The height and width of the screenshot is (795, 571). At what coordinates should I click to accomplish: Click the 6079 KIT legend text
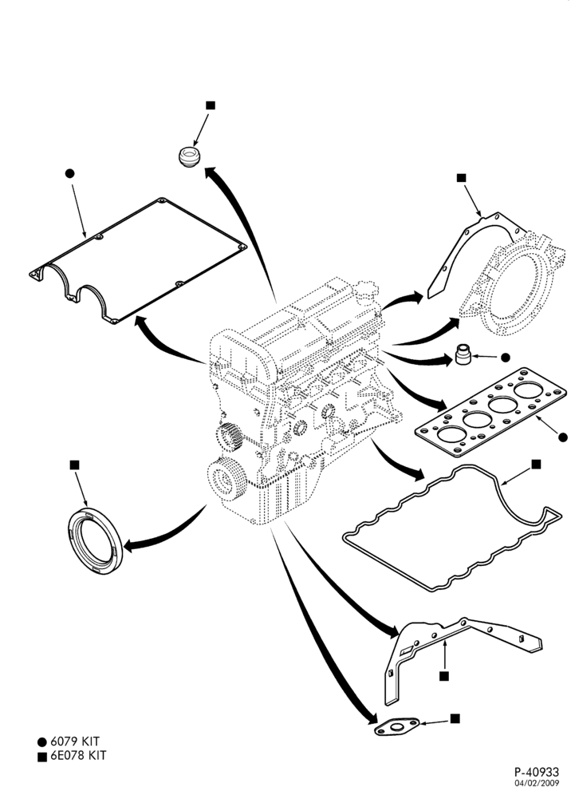tap(74, 742)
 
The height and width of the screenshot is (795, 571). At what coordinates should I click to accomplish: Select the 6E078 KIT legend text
tap(78, 755)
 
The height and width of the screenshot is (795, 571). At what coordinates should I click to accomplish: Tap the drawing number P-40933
tap(537, 772)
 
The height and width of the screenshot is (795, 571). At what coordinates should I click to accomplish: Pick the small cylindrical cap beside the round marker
tap(463, 354)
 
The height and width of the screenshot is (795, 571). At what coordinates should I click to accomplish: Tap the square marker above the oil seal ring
tap(74, 465)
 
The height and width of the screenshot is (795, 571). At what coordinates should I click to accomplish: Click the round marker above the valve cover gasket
tap(70, 173)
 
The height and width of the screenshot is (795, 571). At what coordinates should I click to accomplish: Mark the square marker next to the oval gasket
tap(455, 718)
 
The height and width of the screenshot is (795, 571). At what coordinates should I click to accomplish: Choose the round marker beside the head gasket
tap(563, 437)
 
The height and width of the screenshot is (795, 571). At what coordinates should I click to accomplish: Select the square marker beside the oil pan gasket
tap(536, 464)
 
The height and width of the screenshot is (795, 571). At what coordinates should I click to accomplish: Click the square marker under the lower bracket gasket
tap(444, 676)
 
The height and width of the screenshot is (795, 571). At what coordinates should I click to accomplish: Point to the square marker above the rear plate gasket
tap(461, 177)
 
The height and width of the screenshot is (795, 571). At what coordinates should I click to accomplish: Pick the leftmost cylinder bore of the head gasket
tap(451, 434)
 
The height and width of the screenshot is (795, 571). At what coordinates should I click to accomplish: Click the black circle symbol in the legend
tap(42, 742)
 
